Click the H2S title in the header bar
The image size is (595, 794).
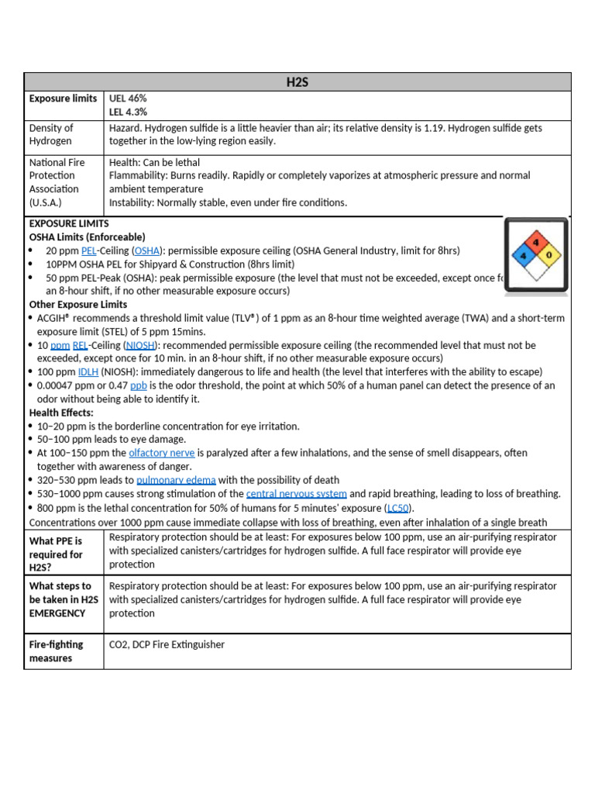coord(297,82)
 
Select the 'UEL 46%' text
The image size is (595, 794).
coord(128,98)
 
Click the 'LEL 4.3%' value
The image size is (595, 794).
coord(128,112)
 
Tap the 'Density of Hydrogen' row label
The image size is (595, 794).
coord(52,134)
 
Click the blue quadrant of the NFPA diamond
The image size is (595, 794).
coord(524,254)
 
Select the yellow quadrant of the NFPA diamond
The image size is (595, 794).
coord(550,254)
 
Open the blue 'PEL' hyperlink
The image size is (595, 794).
coord(88,250)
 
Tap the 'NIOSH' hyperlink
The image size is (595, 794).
coord(140,345)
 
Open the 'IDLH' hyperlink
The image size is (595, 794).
coord(88,372)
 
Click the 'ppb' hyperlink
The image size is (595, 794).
coord(139,385)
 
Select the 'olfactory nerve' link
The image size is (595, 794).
coord(161,453)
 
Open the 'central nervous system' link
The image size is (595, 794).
coord(296,494)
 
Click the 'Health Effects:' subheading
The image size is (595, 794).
coord(61,413)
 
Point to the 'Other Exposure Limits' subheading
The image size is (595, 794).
coord(78,305)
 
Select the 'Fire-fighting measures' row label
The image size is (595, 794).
coord(57,651)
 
